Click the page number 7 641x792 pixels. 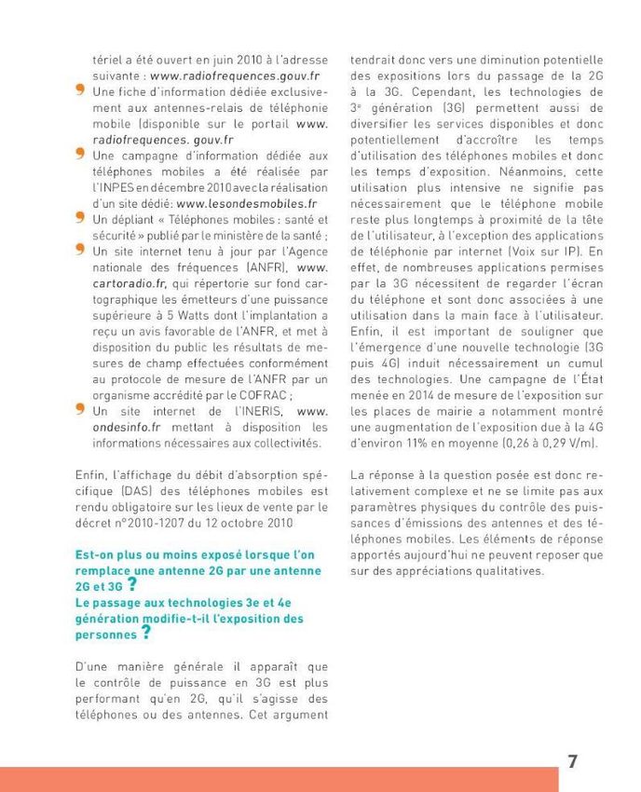[572, 761]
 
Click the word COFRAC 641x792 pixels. [280, 394]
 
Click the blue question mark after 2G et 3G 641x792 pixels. [132, 585]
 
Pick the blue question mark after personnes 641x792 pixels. [145, 634]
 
